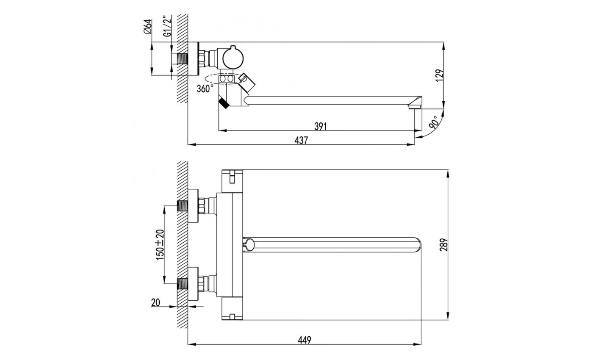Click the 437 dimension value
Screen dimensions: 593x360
pos(301,140)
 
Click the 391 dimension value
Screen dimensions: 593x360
pos(321,127)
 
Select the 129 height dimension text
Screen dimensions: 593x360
pos(440,75)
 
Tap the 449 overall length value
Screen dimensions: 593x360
pos(305,340)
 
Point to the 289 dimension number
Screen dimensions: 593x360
pos(444,245)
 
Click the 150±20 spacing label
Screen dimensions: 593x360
pos(160,245)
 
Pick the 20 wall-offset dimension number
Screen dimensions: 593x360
pos(156,302)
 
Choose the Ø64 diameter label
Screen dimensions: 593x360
pos(148,27)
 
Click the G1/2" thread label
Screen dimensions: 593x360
pos(167,26)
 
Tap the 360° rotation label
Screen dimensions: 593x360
pos(205,89)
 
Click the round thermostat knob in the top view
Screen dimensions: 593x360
pos(233,58)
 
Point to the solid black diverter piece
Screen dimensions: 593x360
pos(224,103)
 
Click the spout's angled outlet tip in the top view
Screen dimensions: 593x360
pos(415,103)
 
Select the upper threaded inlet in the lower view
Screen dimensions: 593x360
pos(183,206)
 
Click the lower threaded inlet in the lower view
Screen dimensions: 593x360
pos(183,283)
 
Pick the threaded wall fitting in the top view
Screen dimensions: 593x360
pos(183,59)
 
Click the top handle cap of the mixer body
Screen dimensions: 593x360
pos(232,181)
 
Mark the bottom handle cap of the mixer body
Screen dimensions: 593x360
pos(232,308)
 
